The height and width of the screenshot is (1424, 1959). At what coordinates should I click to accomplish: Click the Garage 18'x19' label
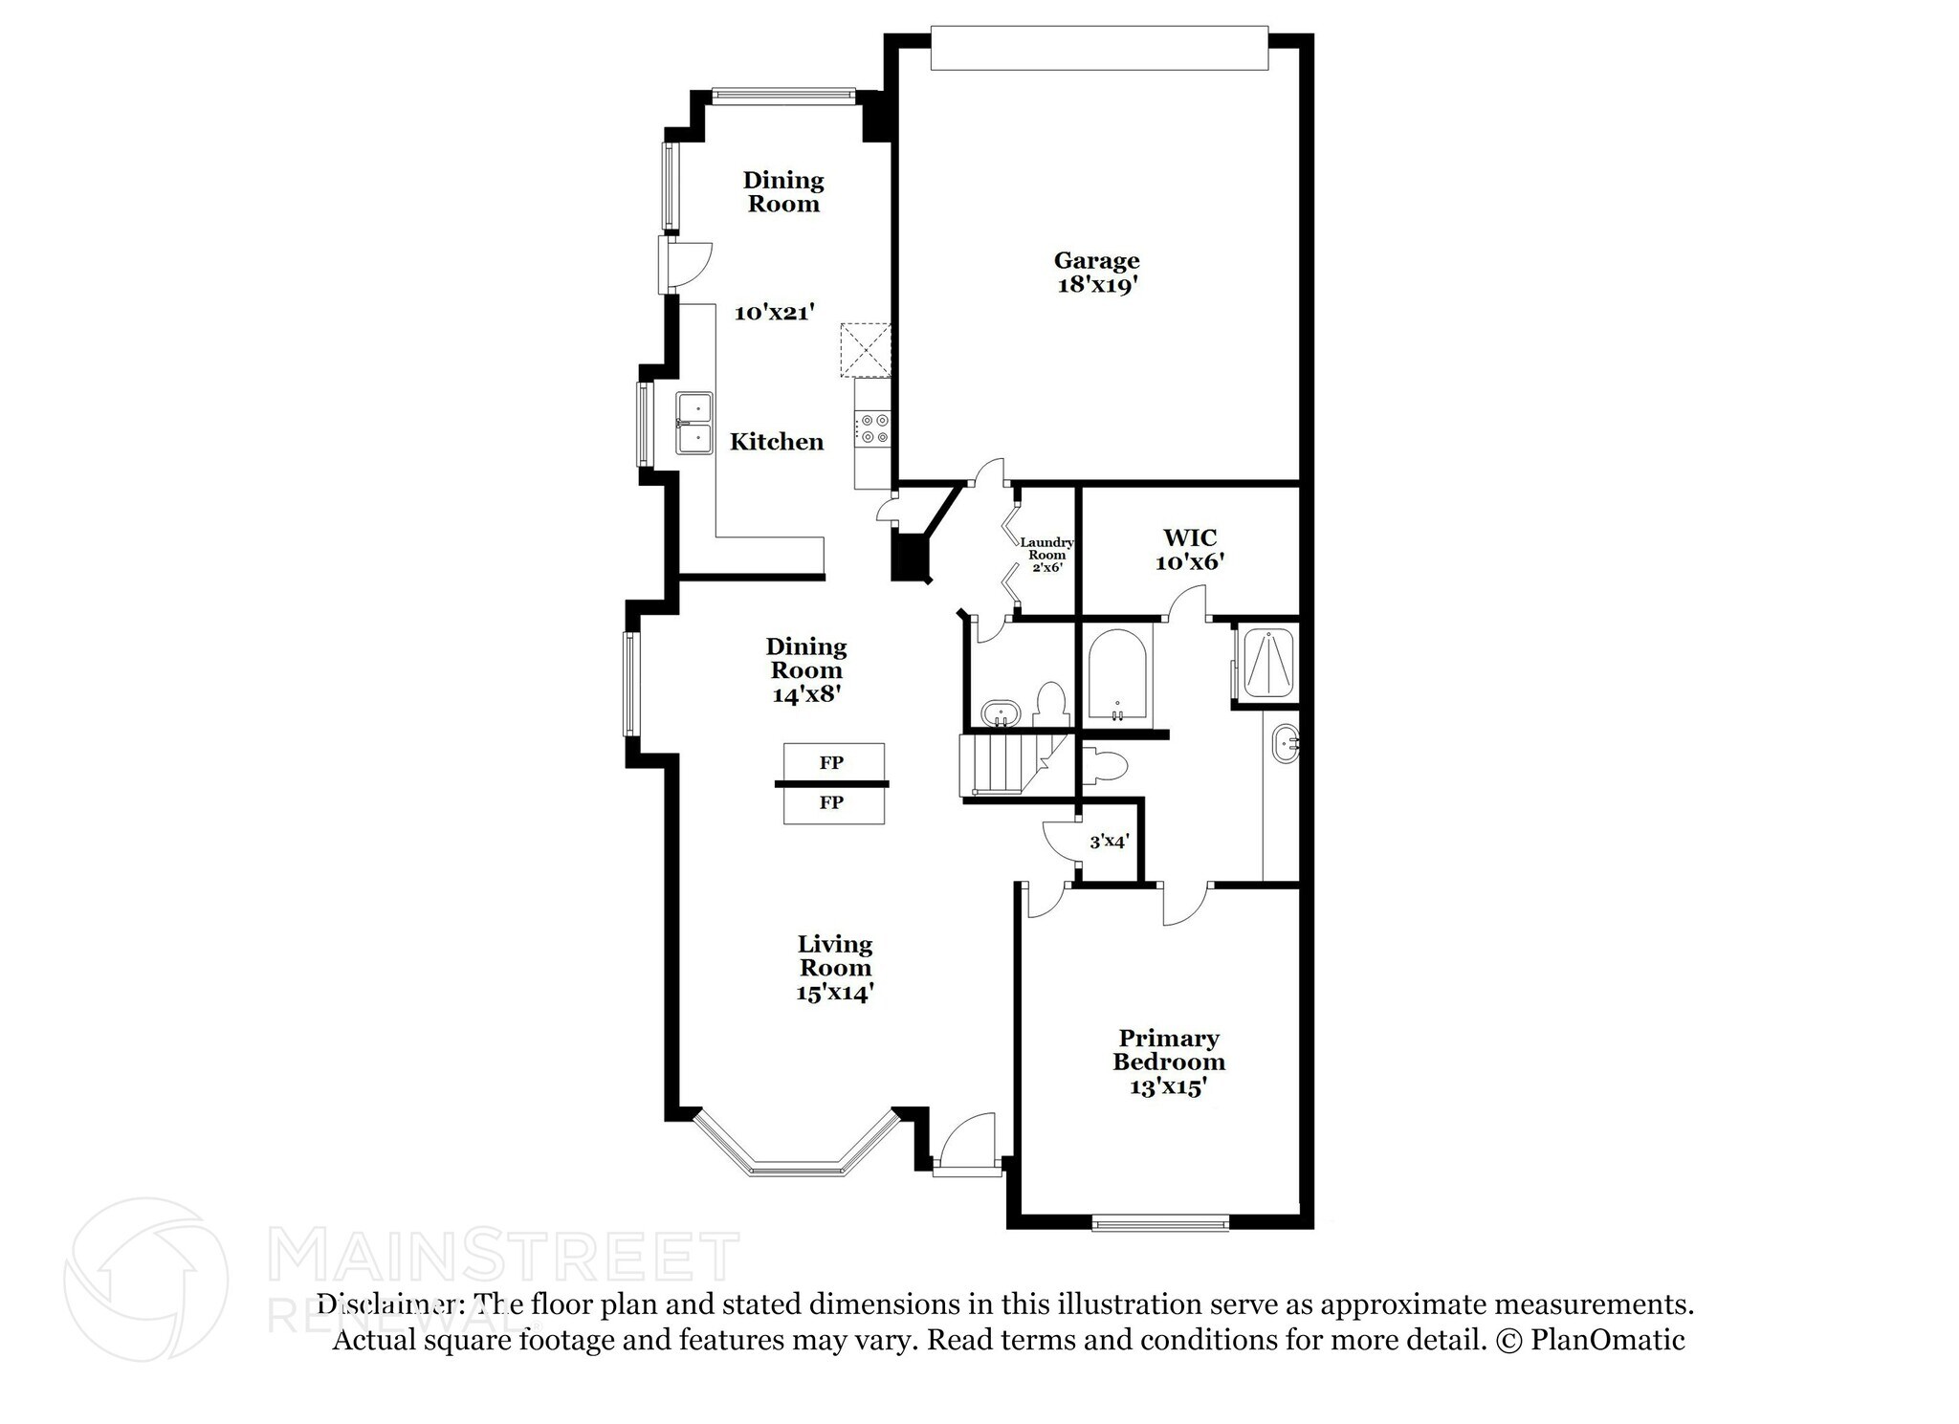(1096, 273)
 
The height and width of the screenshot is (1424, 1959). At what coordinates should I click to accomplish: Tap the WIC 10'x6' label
(1190, 550)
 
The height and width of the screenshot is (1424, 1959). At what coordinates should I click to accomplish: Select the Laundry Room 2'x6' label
(1047, 555)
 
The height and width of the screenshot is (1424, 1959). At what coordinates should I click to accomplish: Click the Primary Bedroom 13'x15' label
(1168, 1062)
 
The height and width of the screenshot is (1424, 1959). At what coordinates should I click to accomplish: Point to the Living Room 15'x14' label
(835, 968)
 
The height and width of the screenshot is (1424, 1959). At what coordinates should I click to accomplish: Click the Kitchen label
(777, 442)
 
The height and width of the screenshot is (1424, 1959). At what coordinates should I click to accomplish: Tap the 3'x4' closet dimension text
(1110, 842)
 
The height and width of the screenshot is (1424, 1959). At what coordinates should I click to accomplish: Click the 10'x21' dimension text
(774, 312)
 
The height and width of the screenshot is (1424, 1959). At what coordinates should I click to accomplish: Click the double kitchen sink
(694, 423)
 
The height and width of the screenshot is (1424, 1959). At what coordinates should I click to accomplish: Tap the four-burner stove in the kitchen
(874, 427)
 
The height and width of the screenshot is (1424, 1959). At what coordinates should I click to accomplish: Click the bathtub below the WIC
(1117, 675)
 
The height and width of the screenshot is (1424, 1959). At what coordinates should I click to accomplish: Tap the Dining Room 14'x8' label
(805, 669)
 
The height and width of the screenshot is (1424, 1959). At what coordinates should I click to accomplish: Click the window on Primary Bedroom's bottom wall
(1160, 1221)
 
